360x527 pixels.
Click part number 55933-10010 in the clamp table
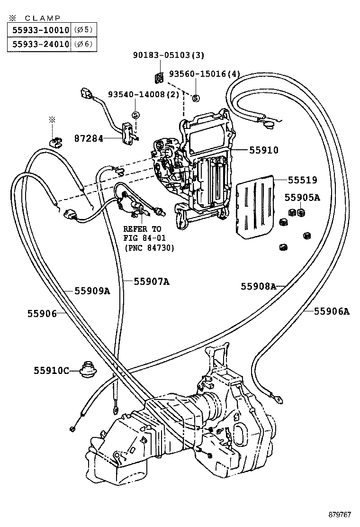pyautogui.click(x=38, y=30)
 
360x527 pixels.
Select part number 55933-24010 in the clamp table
pyautogui.click(x=38, y=44)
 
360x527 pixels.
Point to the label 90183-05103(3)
pyautogui.click(x=168, y=55)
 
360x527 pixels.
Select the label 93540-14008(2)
pyautogui.click(x=144, y=94)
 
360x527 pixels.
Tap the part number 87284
pyautogui.click(x=89, y=138)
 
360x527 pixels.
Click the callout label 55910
pyautogui.click(x=264, y=150)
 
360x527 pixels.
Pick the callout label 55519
pyautogui.click(x=302, y=180)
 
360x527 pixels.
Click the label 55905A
pyautogui.click(x=302, y=198)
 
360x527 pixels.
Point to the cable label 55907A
pyautogui.click(x=151, y=281)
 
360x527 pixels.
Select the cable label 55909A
pyautogui.click(x=92, y=291)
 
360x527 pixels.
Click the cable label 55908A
pyautogui.click(x=258, y=286)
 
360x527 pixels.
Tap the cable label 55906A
pyautogui.click(x=332, y=311)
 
